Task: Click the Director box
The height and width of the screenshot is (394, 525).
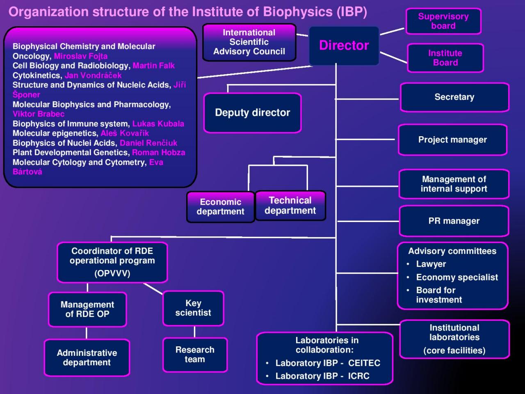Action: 344,46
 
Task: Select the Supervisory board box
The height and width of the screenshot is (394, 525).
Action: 443,21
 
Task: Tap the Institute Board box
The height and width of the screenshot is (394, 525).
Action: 445,58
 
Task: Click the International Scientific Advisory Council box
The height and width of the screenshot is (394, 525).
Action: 249,42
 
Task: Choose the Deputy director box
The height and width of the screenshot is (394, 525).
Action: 252,113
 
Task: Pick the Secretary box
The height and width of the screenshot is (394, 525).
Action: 454,97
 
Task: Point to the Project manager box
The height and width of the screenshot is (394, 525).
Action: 452,140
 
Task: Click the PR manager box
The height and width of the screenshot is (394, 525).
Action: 454,221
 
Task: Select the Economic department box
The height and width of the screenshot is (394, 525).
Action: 220,207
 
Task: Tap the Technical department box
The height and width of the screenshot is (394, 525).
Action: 290,206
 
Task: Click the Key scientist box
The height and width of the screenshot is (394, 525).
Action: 193,308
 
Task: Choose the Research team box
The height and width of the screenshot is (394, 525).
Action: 195,355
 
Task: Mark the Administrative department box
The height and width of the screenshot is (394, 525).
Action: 87,357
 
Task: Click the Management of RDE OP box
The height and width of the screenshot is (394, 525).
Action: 87,309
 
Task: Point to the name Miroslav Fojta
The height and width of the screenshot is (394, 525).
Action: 81,56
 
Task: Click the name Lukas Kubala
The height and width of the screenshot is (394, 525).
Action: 158,124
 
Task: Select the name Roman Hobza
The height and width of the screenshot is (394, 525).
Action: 158,152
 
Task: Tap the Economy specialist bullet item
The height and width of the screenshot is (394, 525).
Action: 457,277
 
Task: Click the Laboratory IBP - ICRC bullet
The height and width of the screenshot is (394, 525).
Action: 322,376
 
